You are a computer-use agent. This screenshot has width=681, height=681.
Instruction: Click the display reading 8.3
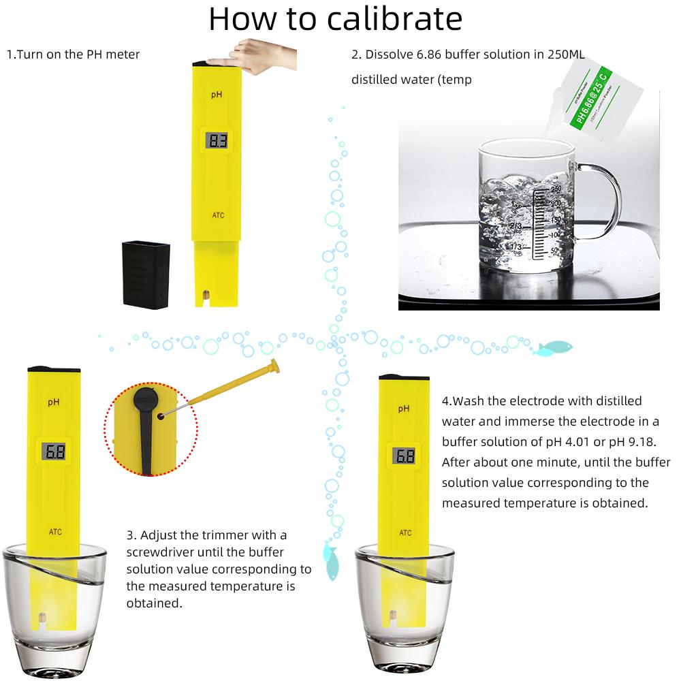(x=217, y=141)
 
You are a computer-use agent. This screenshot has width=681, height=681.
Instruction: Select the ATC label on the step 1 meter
(x=217, y=216)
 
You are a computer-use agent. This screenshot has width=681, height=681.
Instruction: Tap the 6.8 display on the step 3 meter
(x=54, y=451)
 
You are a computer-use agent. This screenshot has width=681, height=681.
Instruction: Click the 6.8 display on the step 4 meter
(x=405, y=456)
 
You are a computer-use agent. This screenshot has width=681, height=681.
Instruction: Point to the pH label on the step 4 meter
(x=404, y=408)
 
